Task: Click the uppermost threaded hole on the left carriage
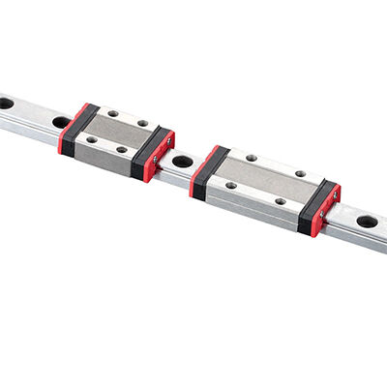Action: (x=112, y=114)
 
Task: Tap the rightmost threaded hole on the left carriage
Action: (x=143, y=124)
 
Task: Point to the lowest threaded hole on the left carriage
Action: (x=122, y=150)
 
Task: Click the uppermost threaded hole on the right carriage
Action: (x=252, y=158)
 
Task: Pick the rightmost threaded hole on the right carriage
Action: (x=300, y=174)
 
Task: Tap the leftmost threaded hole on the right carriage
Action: (x=230, y=185)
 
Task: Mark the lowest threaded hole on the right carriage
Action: (x=281, y=201)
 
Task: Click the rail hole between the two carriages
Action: (x=182, y=161)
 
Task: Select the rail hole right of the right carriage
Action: (x=367, y=222)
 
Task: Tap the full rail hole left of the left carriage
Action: (x=61, y=122)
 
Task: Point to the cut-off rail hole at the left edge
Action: (x=5, y=103)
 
